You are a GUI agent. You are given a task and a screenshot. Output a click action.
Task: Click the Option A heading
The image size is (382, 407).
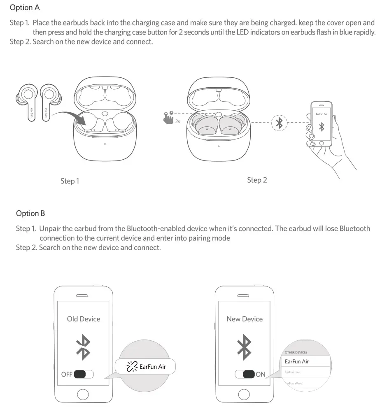25,8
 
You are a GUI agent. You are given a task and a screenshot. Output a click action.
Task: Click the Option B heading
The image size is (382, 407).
30,213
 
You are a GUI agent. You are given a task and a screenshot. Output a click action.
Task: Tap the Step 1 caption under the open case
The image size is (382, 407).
70,181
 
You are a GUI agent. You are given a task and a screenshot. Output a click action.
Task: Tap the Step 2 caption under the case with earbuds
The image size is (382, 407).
257,180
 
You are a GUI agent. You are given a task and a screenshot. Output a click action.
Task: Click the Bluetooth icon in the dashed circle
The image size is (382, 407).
280,122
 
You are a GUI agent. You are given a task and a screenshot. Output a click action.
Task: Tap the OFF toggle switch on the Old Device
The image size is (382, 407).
84,374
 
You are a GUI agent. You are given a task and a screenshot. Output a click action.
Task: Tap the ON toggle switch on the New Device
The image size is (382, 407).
245,374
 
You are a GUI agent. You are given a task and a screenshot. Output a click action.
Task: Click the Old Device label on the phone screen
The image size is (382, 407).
84,319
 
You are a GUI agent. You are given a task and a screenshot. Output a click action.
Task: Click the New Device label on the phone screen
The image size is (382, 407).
245,319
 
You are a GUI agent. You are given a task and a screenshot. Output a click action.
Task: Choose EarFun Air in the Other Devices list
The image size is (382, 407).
297,361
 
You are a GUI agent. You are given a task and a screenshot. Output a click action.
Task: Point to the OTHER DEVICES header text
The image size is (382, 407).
296,353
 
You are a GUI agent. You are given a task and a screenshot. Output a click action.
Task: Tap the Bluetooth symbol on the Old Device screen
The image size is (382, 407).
84,346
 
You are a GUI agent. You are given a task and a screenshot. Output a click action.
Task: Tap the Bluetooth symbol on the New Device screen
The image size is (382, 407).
245,346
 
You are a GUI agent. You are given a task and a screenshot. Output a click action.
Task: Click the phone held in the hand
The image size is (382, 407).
321,123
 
